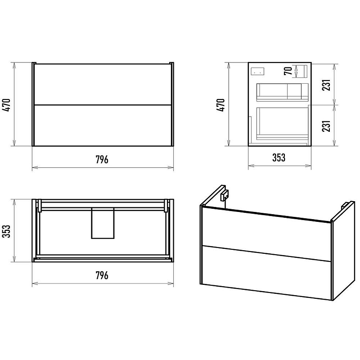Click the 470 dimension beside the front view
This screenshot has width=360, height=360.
pos(6,105)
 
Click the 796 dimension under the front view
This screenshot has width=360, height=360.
pos(102,159)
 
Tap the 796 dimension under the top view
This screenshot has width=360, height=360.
pos(102,275)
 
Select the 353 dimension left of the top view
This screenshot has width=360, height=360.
pos(6,231)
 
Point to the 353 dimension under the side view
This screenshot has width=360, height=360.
pos(279,157)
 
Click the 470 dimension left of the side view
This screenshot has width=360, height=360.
pos(220,105)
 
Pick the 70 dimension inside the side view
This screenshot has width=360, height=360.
pos(288,71)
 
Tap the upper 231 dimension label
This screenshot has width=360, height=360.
pos(326,85)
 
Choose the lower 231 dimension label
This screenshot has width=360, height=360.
pos(326,126)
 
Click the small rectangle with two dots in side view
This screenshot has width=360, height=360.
pos(257,72)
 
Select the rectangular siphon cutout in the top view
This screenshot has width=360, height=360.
pos(103,223)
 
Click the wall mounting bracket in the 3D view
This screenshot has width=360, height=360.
pos(224,195)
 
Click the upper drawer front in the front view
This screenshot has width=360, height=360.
pos(103,84)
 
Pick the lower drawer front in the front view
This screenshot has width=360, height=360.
pos(103,126)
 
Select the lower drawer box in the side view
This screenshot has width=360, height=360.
pos(282,124)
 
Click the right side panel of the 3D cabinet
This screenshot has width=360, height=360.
pos(343,251)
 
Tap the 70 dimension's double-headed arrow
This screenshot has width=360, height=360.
pos(296,71)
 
